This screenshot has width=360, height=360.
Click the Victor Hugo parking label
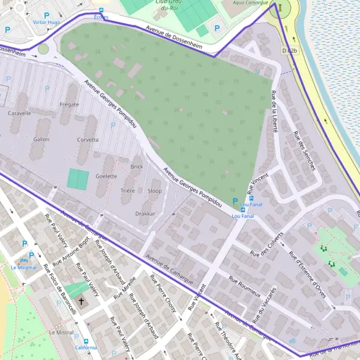[47, 22]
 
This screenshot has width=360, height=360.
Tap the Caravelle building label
[20, 112]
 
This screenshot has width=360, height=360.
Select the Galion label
[41, 139]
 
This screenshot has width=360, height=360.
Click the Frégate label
[70, 104]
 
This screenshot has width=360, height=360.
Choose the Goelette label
[106, 176]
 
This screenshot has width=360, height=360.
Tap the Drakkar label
[146, 213]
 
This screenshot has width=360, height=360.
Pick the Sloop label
[154, 191]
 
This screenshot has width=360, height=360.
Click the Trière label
[127, 191]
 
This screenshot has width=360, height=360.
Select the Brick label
[136, 166]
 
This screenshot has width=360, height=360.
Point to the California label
[86, 347]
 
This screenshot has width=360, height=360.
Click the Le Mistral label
[61, 332]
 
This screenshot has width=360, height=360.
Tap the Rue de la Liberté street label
[274, 111]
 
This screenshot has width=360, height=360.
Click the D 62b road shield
[289, 51]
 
